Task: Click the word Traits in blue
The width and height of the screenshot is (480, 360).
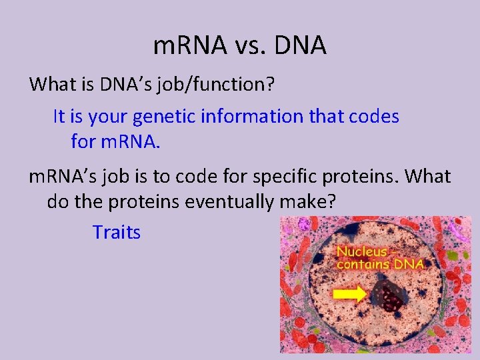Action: pyautogui.click(x=117, y=233)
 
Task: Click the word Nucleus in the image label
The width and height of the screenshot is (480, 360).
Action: pyautogui.click(x=362, y=251)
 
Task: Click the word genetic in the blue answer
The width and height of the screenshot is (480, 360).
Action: pyautogui.click(x=169, y=117)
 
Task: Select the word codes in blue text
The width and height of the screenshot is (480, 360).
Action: pyautogui.click(x=372, y=117)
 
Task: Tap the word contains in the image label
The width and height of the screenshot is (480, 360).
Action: pyautogui.click(x=361, y=264)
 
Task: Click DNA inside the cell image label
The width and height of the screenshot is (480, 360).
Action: pyautogui.click(x=407, y=264)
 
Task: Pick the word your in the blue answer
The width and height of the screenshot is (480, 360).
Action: pyautogui.click(x=108, y=117)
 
